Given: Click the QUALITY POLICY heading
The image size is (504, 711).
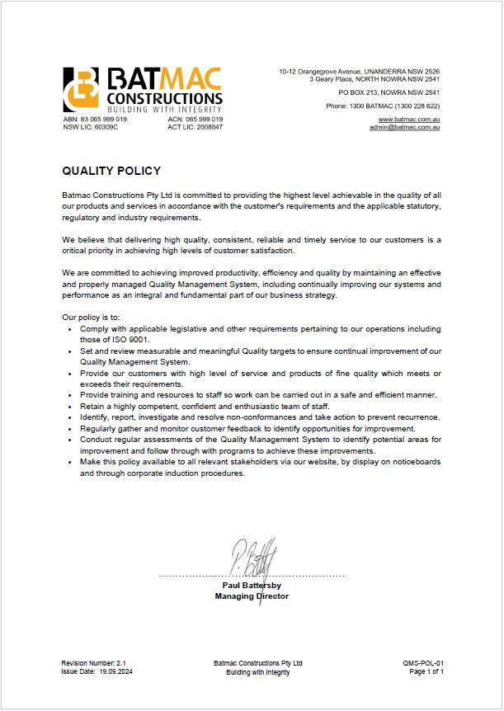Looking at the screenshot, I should point(111,172).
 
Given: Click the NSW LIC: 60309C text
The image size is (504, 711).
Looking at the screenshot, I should point(91,127).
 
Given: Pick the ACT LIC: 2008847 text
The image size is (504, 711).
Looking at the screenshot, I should point(195,127).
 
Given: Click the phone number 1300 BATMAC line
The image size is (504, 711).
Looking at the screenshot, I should point(383,106).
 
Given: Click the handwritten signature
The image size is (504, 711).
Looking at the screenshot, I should point(254,559).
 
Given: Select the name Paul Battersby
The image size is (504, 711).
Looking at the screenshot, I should point(252,586).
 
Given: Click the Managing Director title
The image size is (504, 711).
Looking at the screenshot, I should point(252,596).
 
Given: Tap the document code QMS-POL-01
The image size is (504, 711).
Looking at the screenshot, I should point(423,662).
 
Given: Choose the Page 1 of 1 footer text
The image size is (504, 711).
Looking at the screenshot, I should point(426,672).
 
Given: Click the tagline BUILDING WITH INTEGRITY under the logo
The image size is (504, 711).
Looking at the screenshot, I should point(165,109).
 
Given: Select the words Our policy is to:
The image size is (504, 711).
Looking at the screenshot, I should point(91,317).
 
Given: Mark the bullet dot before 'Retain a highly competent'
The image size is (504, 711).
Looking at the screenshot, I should point(69,407).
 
